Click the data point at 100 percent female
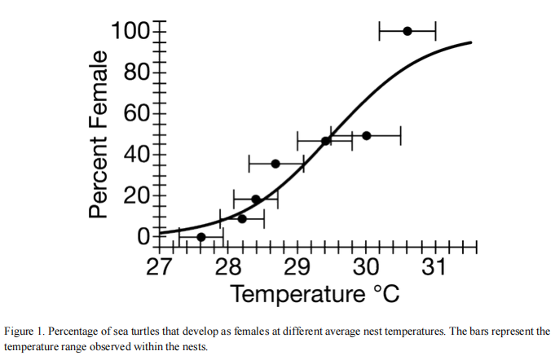pos(407,31)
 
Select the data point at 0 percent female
pos(201,237)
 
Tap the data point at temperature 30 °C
pos(366,135)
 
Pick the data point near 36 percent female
pos(275,164)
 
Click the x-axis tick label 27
pos(159,266)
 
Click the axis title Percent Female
pos(99,134)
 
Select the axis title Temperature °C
pos(315,293)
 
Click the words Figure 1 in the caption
pos(24,331)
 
